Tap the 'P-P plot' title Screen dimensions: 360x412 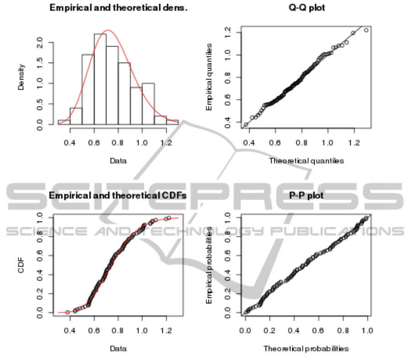(x=306, y=196)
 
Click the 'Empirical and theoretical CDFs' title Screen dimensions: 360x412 (x=118, y=196)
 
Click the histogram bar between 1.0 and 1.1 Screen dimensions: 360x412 (x=148, y=103)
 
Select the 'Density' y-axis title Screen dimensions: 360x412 (x=21, y=76)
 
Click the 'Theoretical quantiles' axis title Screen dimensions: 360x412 (x=306, y=160)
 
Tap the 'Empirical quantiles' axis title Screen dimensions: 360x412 (x=209, y=77)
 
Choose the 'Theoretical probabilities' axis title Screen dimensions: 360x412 (x=306, y=349)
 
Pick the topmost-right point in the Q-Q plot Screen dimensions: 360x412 (x=366, y=30)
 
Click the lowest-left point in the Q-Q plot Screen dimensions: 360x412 (x=246, y=124)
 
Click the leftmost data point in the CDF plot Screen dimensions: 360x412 (x=68, y=312)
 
